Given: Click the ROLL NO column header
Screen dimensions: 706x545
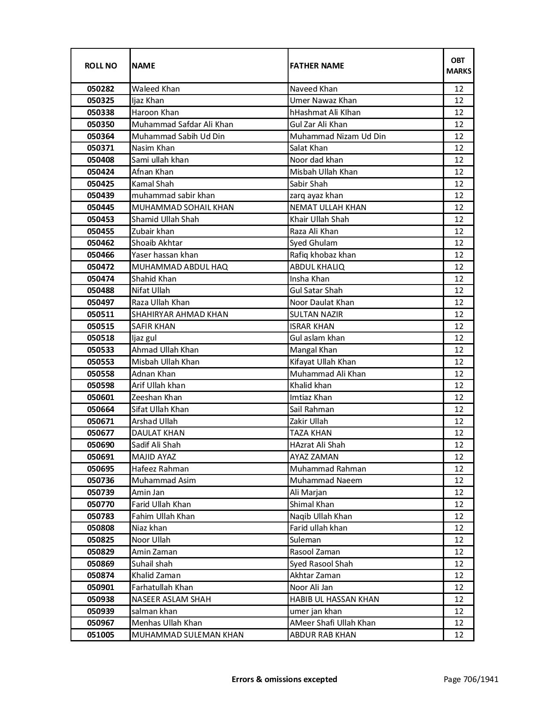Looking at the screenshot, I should coord(100,66).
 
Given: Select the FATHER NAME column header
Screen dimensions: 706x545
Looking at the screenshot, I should coord(317,66).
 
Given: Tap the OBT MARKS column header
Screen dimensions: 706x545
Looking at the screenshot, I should coord(459,66).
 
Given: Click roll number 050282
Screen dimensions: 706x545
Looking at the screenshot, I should coord(100,89).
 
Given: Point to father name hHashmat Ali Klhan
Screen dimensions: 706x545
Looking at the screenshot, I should coord(325,113).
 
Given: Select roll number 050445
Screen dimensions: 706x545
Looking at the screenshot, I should coord(100,208).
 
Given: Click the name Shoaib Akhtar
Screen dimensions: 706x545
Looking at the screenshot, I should coord(157,243).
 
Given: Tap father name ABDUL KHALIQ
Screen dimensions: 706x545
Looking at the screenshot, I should coord(317,267).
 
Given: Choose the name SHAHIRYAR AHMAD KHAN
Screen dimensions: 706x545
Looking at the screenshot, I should coord(180,314).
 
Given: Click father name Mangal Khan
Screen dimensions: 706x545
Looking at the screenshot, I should coord(313,350).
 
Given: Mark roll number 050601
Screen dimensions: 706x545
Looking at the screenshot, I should coord(100,397).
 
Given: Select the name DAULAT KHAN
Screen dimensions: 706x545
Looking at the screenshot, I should coord(158,433).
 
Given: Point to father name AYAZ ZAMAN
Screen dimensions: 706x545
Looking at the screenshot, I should coord(314,457).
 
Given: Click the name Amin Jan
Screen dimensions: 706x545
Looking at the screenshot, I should coord(148,492).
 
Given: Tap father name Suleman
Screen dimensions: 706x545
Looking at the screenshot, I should coord(305,540).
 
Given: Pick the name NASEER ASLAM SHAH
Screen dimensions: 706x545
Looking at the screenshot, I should coord(171,599).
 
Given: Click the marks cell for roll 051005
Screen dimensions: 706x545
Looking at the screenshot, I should coord(459,635).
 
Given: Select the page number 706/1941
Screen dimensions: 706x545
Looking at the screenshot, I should coord(471,679).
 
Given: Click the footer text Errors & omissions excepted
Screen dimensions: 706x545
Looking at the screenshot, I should coord(284,679).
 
